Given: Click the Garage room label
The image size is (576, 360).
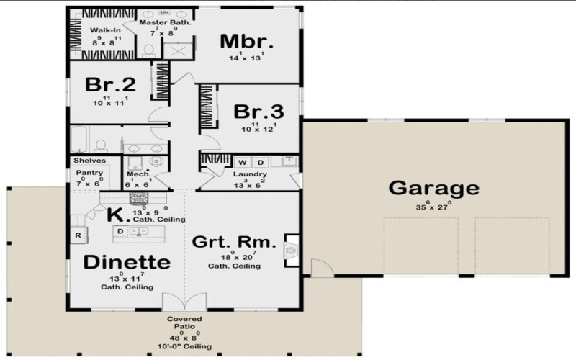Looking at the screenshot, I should (x=433, y=189).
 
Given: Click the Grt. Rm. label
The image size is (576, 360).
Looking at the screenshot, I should (x=234, y=242).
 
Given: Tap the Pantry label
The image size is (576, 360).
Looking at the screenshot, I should (x=88, y=173).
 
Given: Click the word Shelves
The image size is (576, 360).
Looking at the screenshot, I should (x=89, y=161).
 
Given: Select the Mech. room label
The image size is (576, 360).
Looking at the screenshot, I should (x=138, y=174).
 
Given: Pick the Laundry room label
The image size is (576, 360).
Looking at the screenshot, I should (x=250, y=174).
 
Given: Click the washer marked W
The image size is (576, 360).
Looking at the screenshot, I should (x=242, y=161).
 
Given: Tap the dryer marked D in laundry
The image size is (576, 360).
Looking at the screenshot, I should (x=261, y=161).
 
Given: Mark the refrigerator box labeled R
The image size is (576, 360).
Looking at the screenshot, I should (x=78, y=235).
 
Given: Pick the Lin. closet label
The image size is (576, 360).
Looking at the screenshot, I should (x=154, y=13).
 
